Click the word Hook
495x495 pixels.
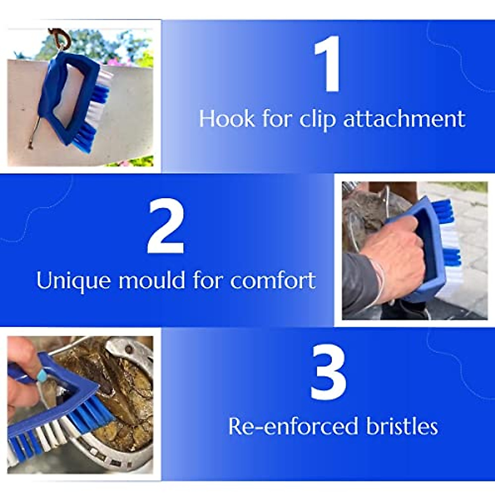pyautogui.click(x=227, y=119)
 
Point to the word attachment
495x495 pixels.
pyautogui.click(x=404, y=119)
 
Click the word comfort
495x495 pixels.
pyautogui.click(x=273, y=281)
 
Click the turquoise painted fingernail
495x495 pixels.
pyautogui.click(x=42, y=375)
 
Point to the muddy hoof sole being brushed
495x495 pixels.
pyautogui.click(x=124, y=396)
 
